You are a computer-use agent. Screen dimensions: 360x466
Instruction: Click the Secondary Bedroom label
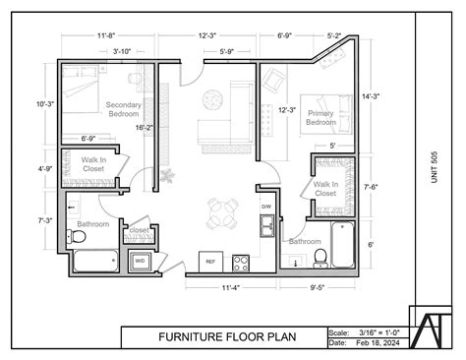(124, 109)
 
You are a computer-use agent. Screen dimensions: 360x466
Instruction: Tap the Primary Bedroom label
(320, 118)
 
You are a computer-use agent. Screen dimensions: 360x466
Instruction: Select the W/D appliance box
(140, 261)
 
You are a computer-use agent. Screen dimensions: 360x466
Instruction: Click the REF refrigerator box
(209, 261)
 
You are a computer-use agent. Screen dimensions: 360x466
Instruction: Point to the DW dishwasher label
(266, 207)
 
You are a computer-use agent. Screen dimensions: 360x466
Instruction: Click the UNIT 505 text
(434, 165)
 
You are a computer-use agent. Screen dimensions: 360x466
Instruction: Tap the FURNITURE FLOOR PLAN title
(224, 337)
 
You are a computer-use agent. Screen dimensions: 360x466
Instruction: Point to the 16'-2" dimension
(145, 127)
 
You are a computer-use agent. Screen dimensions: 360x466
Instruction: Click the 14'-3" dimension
(371, 96)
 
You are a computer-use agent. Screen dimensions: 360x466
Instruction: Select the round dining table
(222, 210)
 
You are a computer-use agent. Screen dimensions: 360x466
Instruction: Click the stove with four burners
(240, 263)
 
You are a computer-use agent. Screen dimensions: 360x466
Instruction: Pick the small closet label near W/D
(139, 230)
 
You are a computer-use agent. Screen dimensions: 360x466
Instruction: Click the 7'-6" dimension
(371, 186)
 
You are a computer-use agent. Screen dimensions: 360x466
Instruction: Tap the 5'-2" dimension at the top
(333, 35)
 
